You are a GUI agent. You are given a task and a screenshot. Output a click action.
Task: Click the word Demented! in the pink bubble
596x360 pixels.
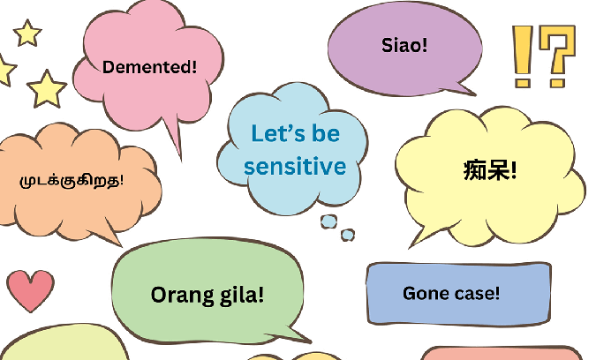(150, 67)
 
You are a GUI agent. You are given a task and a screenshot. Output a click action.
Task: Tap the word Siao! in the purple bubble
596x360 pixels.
(404, 44)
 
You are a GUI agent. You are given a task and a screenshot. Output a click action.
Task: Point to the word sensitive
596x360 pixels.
(295, 165)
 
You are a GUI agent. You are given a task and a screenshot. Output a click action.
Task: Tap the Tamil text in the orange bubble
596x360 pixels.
(72, 181)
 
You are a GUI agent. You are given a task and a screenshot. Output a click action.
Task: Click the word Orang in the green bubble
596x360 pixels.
(179, 295)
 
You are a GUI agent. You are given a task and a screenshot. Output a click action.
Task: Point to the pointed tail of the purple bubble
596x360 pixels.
(465, 89)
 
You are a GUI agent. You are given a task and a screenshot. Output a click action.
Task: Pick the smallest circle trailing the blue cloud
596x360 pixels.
(348, 235)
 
